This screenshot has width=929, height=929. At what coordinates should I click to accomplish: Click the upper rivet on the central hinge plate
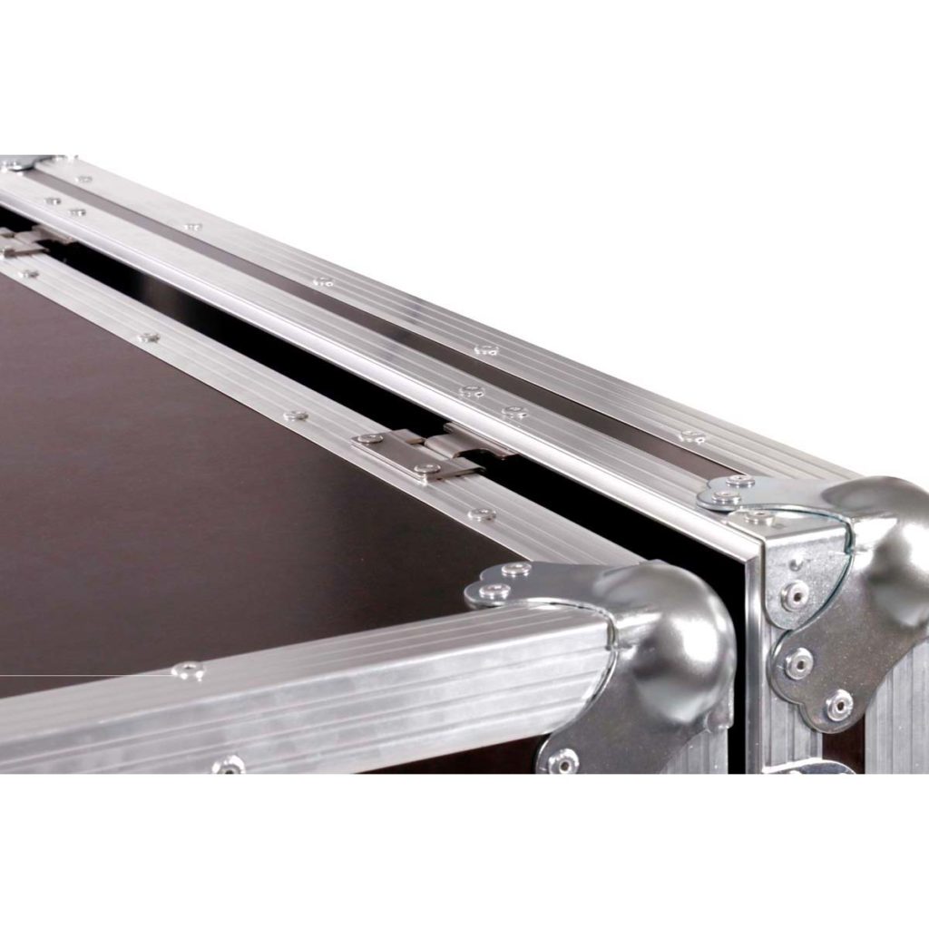pyautogui.click(x=369, y=438)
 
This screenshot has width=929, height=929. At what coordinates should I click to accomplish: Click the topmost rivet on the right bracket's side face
pyautogui.click(x=795, y=593)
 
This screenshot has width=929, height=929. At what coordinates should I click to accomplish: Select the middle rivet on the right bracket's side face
pyautogui.click(x=797, y=662)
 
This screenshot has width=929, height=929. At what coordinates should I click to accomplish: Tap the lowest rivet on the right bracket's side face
pyautogui.click(x=838, y=704)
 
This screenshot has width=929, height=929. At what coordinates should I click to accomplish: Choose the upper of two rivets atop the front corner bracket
pyautogui.click(x=516, y=570)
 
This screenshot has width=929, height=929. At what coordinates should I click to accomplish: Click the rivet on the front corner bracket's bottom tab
pyautogui.click(x=562, y=760)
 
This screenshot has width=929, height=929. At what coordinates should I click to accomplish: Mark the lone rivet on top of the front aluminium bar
pyautogui.click(x=188, y=670)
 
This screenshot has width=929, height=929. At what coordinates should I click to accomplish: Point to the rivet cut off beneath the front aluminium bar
pyautogui.click(x=228, y=766)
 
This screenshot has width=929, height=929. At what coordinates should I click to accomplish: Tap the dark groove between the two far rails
pyautogui.click(x=408, y=318)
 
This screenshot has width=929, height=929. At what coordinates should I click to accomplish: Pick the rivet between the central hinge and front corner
pyautogui.click(x=482, y=514)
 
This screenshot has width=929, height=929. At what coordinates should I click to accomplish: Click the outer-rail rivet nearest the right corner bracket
pyautogui.click(x=692, y=436)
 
